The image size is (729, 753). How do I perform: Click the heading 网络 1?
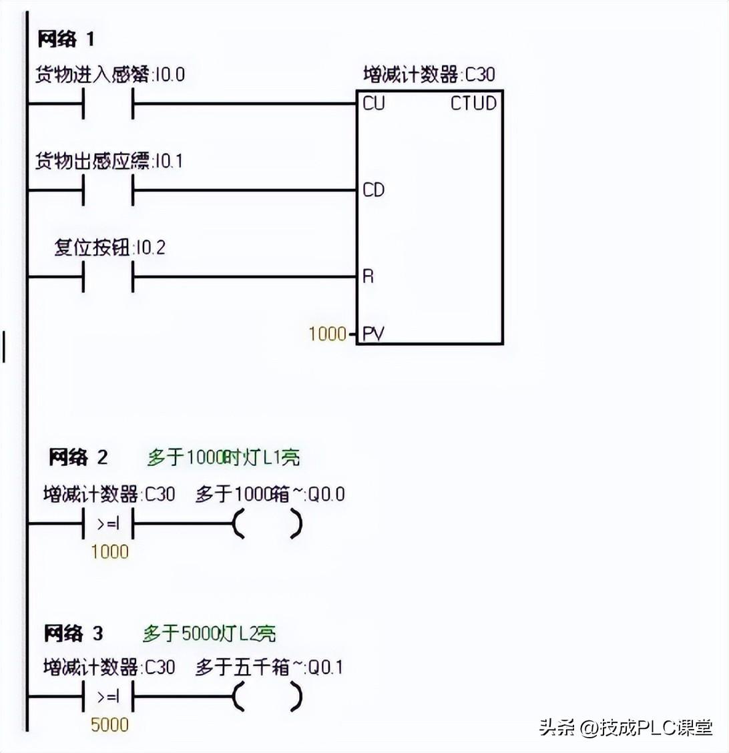click(x=65, y=39)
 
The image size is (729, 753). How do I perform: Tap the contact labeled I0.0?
click(x=108, y=104)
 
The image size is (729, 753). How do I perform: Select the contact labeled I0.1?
click(x=108, y=191)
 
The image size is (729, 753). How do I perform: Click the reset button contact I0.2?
click(x=108, y=276)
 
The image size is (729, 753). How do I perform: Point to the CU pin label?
click(x=374, y=104)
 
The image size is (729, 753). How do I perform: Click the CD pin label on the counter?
click(x=374, y=190)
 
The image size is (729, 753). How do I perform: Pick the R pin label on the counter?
click(x=368, y=276)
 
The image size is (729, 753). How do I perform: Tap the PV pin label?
click(x=373, y=334)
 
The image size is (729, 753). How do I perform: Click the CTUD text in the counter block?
click(x=473, y=104)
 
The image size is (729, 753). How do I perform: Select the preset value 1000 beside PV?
click(x=327, y=334)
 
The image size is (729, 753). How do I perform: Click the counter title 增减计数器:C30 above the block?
click(x=429, y=74)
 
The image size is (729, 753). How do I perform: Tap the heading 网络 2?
click(x=77, y=458)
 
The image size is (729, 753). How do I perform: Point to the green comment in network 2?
click(x=223, y=458)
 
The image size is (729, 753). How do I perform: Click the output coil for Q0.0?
click(x=268, y=525)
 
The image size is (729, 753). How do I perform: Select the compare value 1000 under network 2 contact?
click(x=109, y=552)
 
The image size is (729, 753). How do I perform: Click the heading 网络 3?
click(x=73, y=633)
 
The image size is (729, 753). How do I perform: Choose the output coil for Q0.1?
click(x=268, y=698)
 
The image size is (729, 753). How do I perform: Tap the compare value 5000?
click(x=109, y=725)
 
